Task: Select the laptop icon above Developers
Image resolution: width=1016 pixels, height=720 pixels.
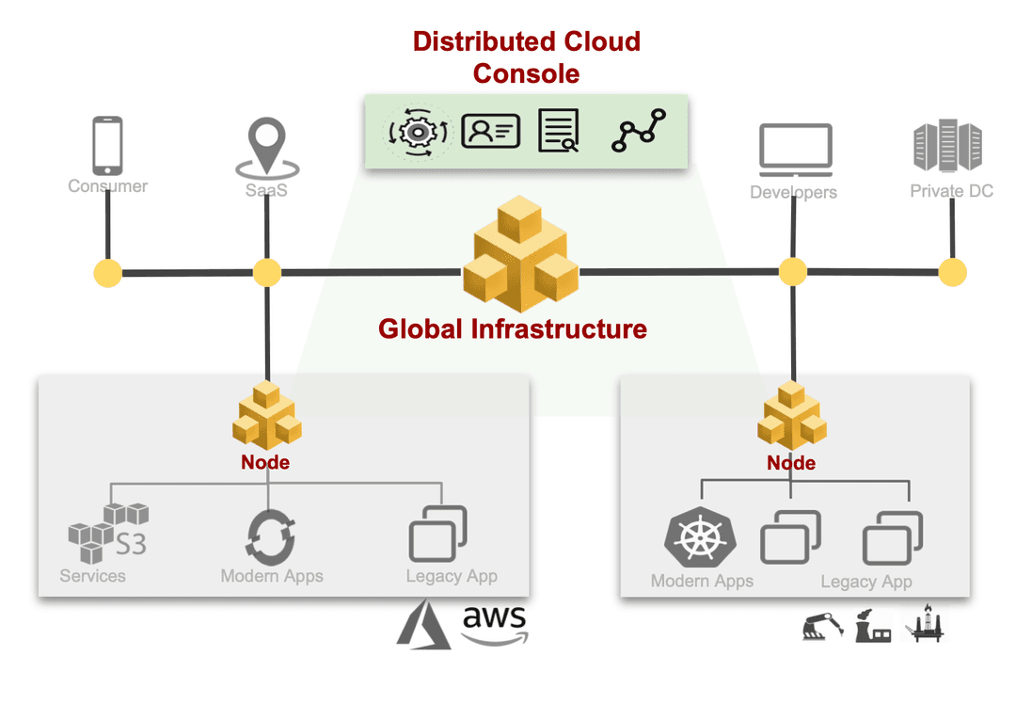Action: tap(795, 152)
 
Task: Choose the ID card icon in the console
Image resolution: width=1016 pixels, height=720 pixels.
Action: tap(490, 132)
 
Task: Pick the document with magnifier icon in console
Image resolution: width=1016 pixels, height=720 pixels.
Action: tap(559, 131)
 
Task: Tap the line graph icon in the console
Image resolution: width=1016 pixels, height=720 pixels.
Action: tap(639, 131)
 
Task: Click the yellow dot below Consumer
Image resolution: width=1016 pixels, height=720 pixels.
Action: tap(107, 274)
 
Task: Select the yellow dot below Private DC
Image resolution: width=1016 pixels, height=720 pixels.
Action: tap(952, 273)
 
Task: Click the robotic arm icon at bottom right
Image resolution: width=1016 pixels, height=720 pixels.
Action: tap(822, 626)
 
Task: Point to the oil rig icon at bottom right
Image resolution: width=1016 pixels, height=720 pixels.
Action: tap(925, 624)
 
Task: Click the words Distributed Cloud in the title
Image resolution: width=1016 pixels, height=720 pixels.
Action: tap(526, 41)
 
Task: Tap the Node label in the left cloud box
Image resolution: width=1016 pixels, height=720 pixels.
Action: tap(265, 462)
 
